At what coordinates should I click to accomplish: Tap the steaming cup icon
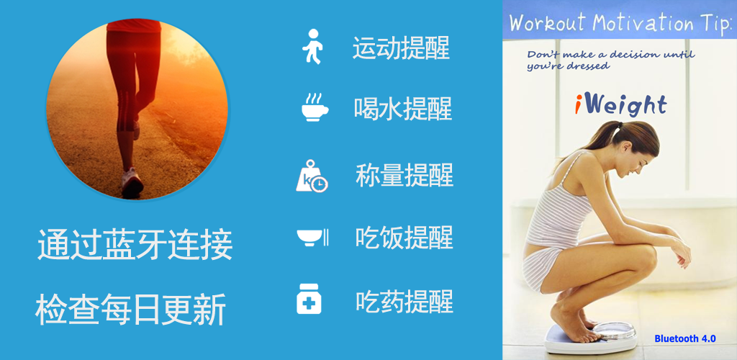coord(315,107)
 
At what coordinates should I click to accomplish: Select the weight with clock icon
coord(312,176)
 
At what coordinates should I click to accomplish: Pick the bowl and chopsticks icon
coord(312,238)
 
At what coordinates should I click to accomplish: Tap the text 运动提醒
coord(401,48)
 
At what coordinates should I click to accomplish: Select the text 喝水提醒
coord(403,109)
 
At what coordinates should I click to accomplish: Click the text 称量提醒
coord(404,175)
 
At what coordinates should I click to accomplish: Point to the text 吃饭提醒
coord(404,238)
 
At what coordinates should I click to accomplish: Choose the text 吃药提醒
coord(404,301)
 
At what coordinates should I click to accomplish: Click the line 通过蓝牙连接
coord(135,244)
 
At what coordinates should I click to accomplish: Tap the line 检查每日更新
coord(131,310)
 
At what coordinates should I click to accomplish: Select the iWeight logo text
coord(621,105)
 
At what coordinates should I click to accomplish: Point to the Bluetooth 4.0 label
coord(685,338)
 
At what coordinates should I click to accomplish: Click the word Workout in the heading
coord(547,22)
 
